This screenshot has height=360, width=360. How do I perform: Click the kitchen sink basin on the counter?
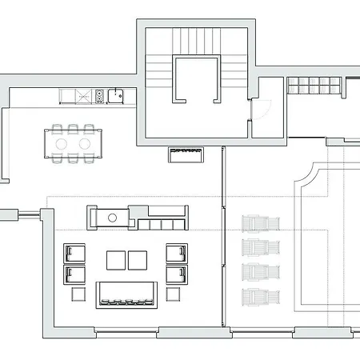[x=117, y=97]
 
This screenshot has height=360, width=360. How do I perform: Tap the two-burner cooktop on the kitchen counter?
[x=100, y=97]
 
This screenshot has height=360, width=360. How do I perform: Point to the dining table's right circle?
[x=84, y=143]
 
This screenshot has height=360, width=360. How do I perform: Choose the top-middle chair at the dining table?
[x=73, y=128]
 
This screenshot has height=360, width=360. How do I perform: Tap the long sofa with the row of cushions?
[x=126, y=294]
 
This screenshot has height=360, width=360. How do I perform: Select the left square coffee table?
[x=116, y=261]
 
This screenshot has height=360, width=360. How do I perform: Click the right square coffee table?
[x=138, y=261]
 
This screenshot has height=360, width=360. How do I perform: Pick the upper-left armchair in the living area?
[x=74, y=253]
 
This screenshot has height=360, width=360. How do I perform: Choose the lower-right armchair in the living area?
[x=176, y=274]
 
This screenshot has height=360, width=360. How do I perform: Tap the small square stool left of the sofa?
[x=78, y=294]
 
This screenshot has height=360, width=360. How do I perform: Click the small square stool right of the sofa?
[x=173, y=294]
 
